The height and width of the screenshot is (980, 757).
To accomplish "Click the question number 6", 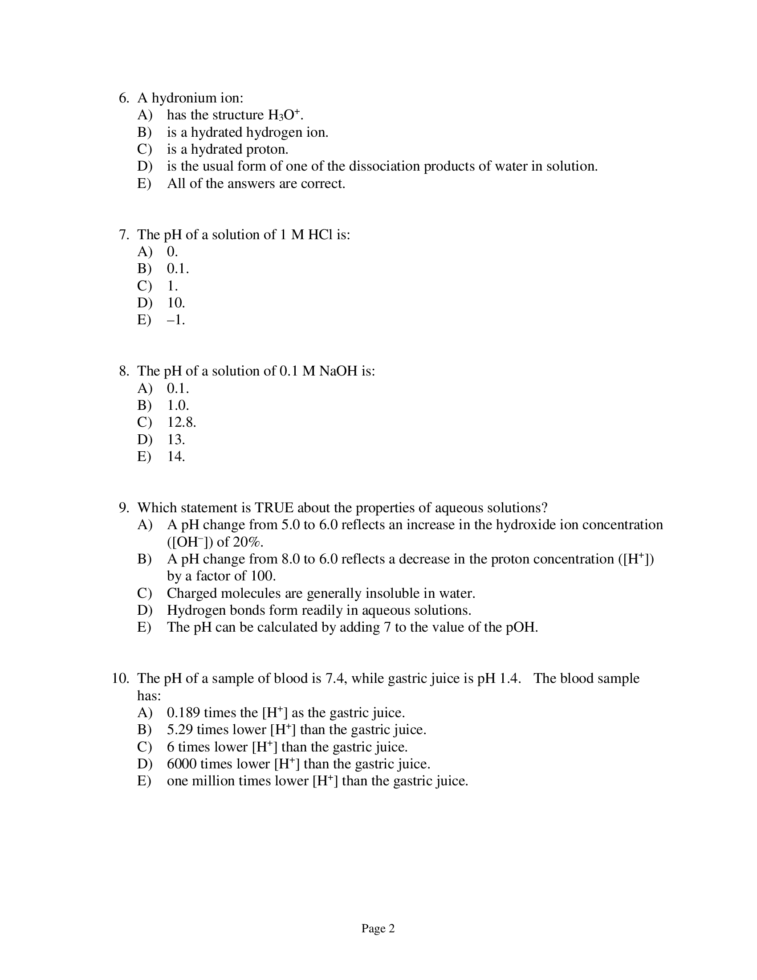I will pos(124,98).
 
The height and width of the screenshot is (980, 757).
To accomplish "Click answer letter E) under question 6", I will pos(144,184).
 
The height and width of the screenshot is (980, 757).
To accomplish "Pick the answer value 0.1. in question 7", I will pos(178,268).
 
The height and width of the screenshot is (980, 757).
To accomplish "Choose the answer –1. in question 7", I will pos(176,320).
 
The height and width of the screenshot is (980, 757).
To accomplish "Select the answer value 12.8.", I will pos(182,422).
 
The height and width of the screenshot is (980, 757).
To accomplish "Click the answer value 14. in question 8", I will pos(176,456).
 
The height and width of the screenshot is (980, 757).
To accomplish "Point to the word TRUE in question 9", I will pos(274,508).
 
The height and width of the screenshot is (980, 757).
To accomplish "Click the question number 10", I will pos(120,678).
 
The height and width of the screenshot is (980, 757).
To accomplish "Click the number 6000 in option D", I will pos(181,764).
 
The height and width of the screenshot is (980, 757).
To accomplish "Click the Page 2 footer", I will pos(378,928).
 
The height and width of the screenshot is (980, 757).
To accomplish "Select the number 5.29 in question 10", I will pos(180,730).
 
